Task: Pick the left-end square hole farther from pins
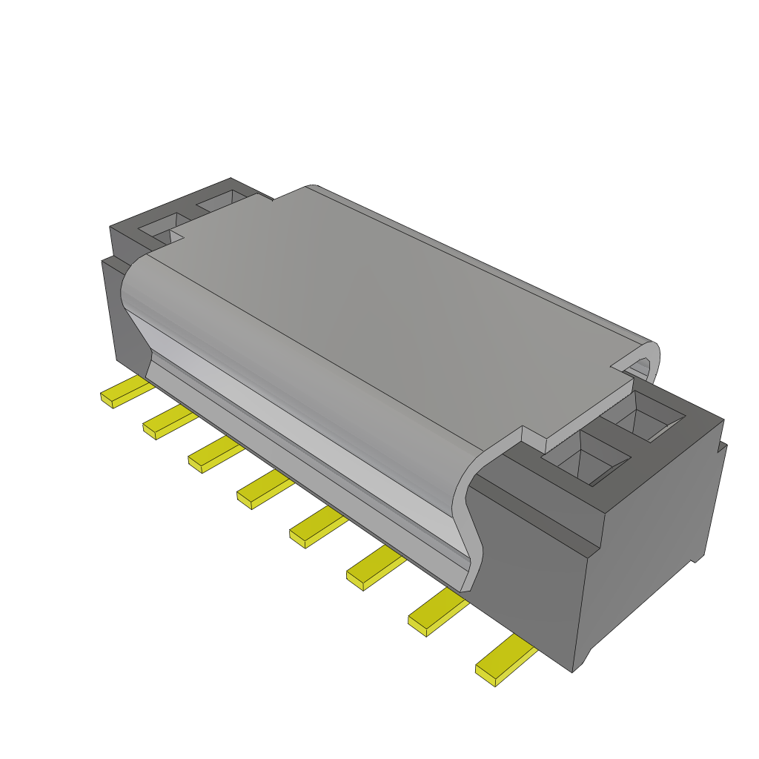click(x=222, y=200)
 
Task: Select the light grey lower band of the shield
click(x=311, y=437)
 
